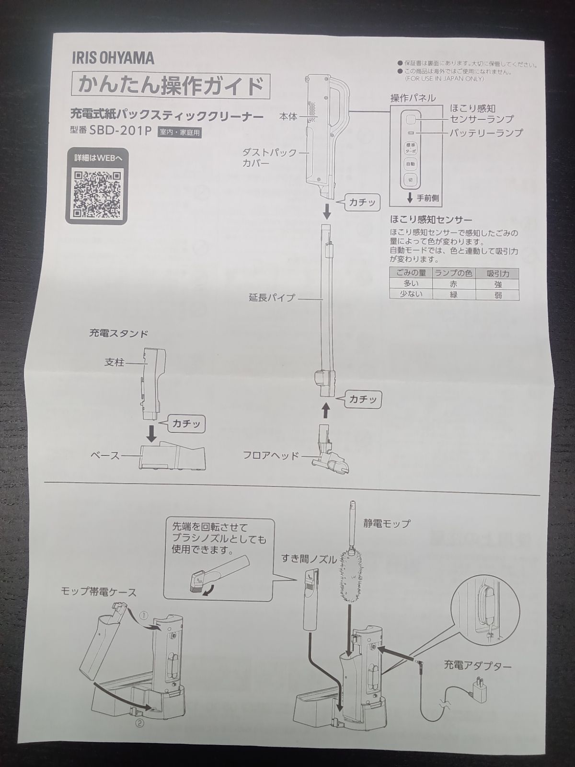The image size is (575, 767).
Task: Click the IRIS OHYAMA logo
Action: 113,58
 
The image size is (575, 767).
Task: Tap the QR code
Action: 97,194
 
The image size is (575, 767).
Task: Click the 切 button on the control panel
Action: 410,180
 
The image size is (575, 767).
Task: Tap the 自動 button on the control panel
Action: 410,163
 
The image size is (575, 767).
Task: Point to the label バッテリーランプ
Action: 485,133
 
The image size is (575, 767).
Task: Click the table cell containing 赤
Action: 453,284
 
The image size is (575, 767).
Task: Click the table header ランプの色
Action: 453,273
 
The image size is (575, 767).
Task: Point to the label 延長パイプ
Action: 272,298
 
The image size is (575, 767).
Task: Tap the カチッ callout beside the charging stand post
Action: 186,424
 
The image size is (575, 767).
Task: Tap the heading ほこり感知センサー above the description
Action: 431,221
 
